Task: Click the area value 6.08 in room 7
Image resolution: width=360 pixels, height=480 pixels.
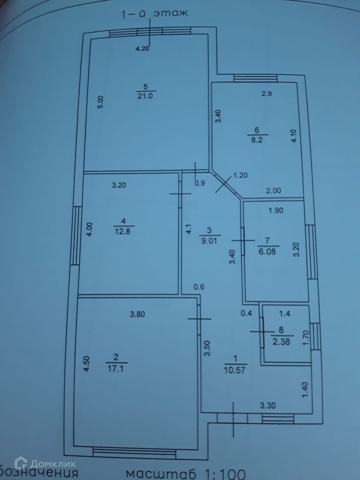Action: (x=267, y=252)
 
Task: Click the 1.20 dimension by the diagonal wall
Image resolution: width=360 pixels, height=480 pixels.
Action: (x=241, y=175)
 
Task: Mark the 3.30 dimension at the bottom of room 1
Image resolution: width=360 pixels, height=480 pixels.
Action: (x=268, y=405)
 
